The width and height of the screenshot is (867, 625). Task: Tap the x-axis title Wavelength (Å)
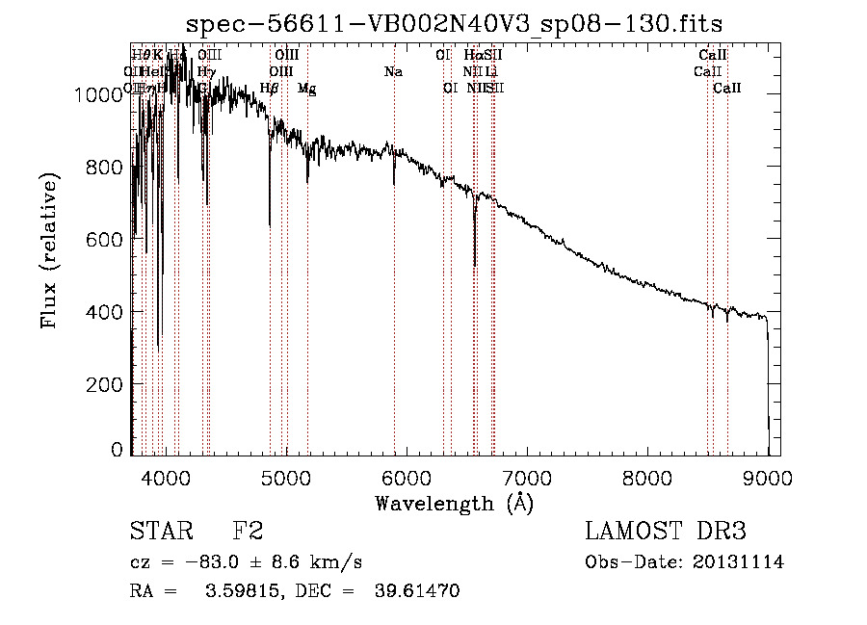tap(454, 503)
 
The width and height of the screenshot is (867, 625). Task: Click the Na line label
tap(393, 72)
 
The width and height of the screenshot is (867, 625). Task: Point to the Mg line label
tap(306, 89)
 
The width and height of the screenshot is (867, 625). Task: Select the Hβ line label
tap(270, 89)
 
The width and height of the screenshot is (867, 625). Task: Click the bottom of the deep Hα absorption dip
tap(474, 265)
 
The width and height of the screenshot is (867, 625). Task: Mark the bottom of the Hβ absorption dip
tap(270, 226)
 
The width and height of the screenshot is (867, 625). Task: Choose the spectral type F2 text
tap(248, 532)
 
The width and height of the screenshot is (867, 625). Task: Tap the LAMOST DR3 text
tap(666, 532)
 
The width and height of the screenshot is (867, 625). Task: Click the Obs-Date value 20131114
tap(740, 562)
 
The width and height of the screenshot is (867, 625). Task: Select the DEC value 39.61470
tap(416, 591)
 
